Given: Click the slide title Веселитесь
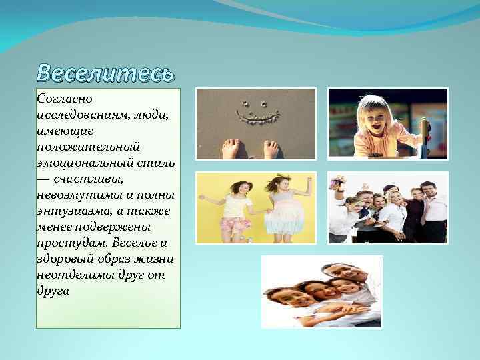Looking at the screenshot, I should pyautogui.click(x=106, y=73).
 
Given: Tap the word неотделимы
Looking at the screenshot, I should pyautogui.click(x=73, y=275).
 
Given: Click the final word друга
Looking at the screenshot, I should pyautogui.click(x=53, y=291).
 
